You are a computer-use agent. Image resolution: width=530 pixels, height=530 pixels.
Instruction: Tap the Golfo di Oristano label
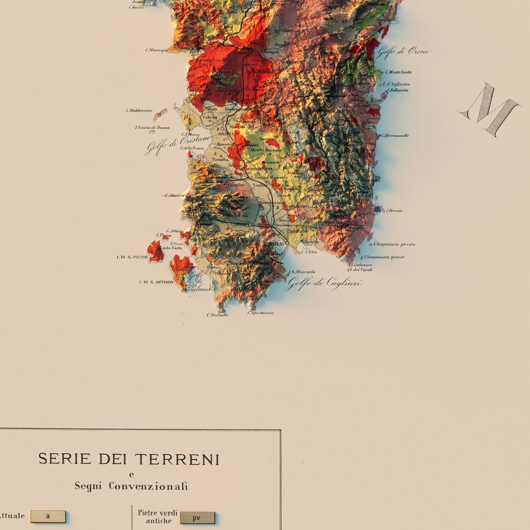179,145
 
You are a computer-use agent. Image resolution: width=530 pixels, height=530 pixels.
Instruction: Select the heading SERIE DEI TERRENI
129,459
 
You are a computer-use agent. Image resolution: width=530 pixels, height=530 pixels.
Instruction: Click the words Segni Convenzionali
131,486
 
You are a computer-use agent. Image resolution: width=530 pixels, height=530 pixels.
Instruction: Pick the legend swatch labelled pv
197,518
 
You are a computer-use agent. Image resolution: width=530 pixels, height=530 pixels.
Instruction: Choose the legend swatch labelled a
48,516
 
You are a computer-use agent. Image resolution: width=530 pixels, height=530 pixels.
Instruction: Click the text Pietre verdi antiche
158,517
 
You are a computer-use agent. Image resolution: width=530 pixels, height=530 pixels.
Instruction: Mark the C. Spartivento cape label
260,313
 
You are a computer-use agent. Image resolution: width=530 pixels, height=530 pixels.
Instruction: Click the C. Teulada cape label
217,315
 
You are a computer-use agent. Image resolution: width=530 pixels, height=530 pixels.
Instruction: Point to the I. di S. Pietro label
132,257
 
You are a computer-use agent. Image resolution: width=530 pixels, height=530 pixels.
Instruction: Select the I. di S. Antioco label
156,282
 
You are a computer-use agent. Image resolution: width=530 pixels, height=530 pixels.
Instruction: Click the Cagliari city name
274,244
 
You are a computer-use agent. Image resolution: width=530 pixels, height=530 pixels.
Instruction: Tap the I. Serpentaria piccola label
394,244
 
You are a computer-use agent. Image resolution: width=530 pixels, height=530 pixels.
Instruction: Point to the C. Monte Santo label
398,72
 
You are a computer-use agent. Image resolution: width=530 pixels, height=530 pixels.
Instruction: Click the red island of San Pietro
156,252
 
